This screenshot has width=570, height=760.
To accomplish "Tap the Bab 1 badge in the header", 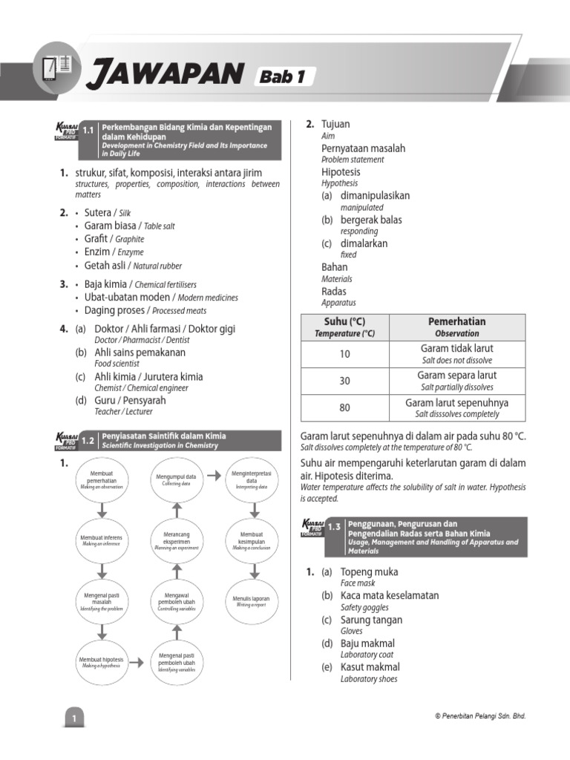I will [x=284, y=76].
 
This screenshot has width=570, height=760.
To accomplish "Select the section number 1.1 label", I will [x=88, y=130].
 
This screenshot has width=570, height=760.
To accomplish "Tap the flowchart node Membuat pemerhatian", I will [x=102, y=478].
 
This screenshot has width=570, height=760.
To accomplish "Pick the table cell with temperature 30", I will [x=344, y=381].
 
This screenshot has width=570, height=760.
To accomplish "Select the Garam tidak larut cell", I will [x=457, y=353].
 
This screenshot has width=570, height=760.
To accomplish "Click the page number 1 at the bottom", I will [x=74, y=718].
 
